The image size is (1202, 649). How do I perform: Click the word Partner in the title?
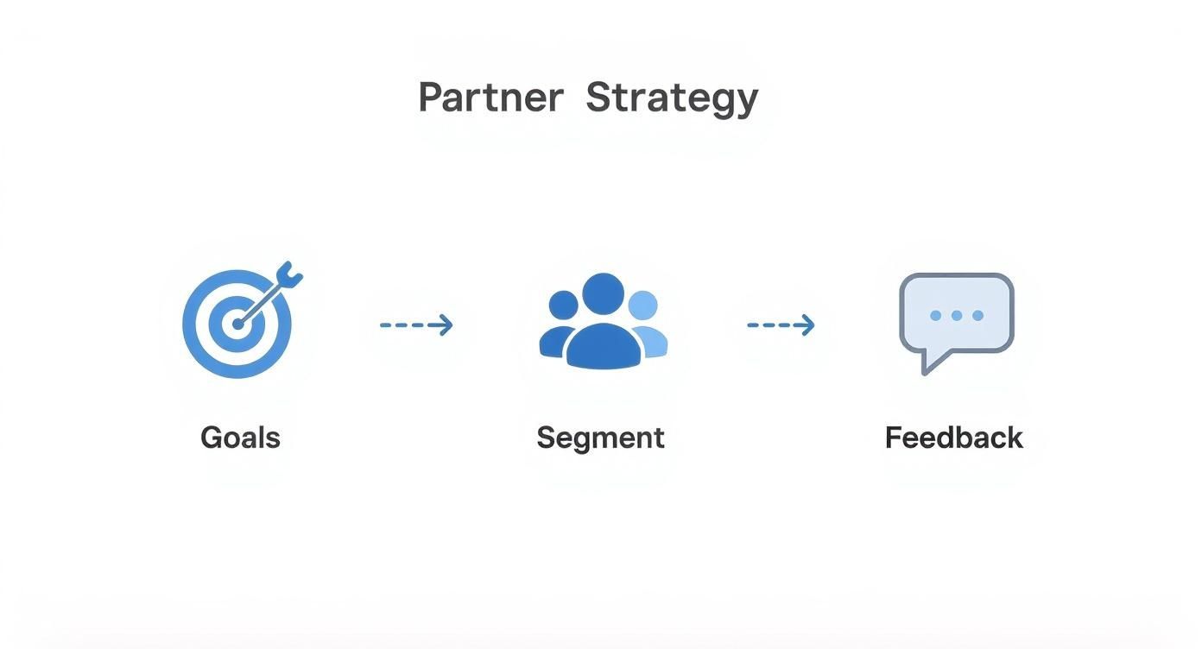click(x=490, y=98)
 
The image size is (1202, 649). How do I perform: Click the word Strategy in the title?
click(x=672, y=98)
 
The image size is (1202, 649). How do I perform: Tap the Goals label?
click(x=240, y=438)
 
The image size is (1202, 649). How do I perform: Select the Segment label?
click(x=600, y=438)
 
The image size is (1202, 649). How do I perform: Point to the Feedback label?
click(x=953, y=438)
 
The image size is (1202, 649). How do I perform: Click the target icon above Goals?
click(x=237, y=324)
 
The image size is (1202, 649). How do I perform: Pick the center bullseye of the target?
click(x=237, y=324)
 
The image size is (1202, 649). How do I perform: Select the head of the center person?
click(x=603, y=293)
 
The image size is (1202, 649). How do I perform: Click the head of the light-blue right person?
click(x=642, y=305)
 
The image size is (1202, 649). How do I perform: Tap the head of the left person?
click(x=563, y=305)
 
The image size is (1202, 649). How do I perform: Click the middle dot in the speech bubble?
click(x=957, y=316)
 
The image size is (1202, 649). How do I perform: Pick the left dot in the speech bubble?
click(x=935, y=316)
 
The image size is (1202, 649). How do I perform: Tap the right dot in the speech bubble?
click(x=977, y=316)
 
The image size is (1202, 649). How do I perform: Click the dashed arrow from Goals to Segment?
click(x=416, y=325)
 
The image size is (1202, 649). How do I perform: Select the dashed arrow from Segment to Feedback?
click(x=781, y=325)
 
